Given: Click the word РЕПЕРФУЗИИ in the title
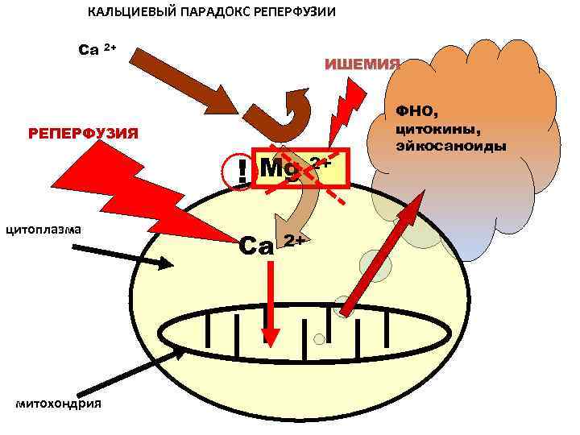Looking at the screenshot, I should coord(291,13).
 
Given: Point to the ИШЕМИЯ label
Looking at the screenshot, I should coord(362,64).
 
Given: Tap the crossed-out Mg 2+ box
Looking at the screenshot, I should coord(301,168).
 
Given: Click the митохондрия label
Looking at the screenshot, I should coord(59,403).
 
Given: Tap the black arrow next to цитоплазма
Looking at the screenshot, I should coord(121,255).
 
